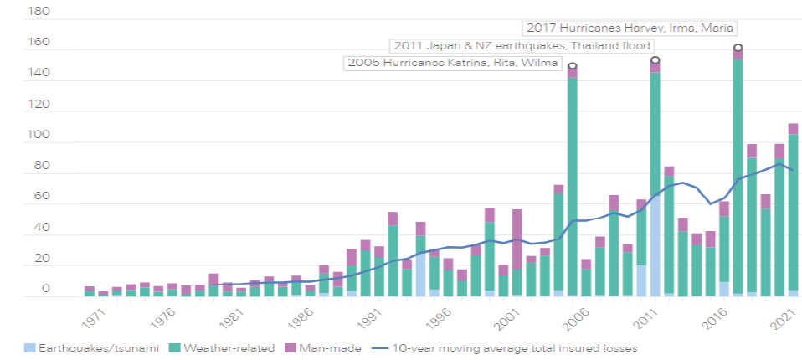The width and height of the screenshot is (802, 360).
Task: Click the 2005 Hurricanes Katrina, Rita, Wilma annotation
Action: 452,63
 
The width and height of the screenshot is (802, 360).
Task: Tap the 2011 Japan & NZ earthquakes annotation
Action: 521,45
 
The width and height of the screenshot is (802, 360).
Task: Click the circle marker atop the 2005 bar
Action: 572,66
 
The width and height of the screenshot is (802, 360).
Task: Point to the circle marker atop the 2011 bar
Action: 655,60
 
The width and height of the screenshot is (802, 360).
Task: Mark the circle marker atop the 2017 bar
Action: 738,48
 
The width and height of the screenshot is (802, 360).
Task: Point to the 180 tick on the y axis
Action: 39,13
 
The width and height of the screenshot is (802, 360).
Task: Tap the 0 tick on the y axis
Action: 47,290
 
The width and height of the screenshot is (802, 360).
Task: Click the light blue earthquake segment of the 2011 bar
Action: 655,243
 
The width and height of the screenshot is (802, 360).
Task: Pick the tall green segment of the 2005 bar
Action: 572,184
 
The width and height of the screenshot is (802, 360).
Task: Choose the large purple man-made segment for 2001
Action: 517,239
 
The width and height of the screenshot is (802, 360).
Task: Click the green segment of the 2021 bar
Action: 793,209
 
